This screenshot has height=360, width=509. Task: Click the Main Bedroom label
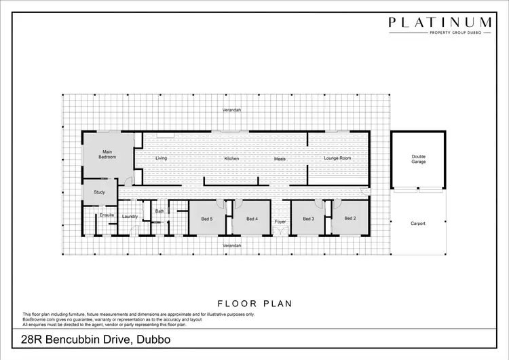(x=107, y=154)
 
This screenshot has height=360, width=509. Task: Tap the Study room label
(x=100, y=193)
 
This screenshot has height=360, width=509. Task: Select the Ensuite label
(x=107, y=216)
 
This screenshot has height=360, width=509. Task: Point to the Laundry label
(x=130, y=217)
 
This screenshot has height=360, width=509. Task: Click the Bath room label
(x=159, y=211)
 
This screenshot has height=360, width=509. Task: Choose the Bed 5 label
(x=207, y=219)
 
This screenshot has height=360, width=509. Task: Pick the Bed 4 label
(x=252, y=219)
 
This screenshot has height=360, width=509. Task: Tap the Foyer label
(x=280, y=222)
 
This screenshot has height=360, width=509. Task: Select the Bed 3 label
(x=308, y=219)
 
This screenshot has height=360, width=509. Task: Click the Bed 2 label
(x=350, y=218)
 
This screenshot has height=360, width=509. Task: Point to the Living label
(x=161, y=158)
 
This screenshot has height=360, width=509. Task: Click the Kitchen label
(x=232, y=158)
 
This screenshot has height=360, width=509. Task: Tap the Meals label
(x=280, y=159)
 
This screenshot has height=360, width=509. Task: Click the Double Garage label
(x=418, y=160)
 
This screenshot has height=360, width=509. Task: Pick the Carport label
(x=418, y=223)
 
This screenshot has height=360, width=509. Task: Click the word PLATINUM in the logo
(x=440, y=22)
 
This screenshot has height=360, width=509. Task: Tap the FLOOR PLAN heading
(x=254, y=304)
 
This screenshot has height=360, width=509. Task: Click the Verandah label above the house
(x=232, y=110)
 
